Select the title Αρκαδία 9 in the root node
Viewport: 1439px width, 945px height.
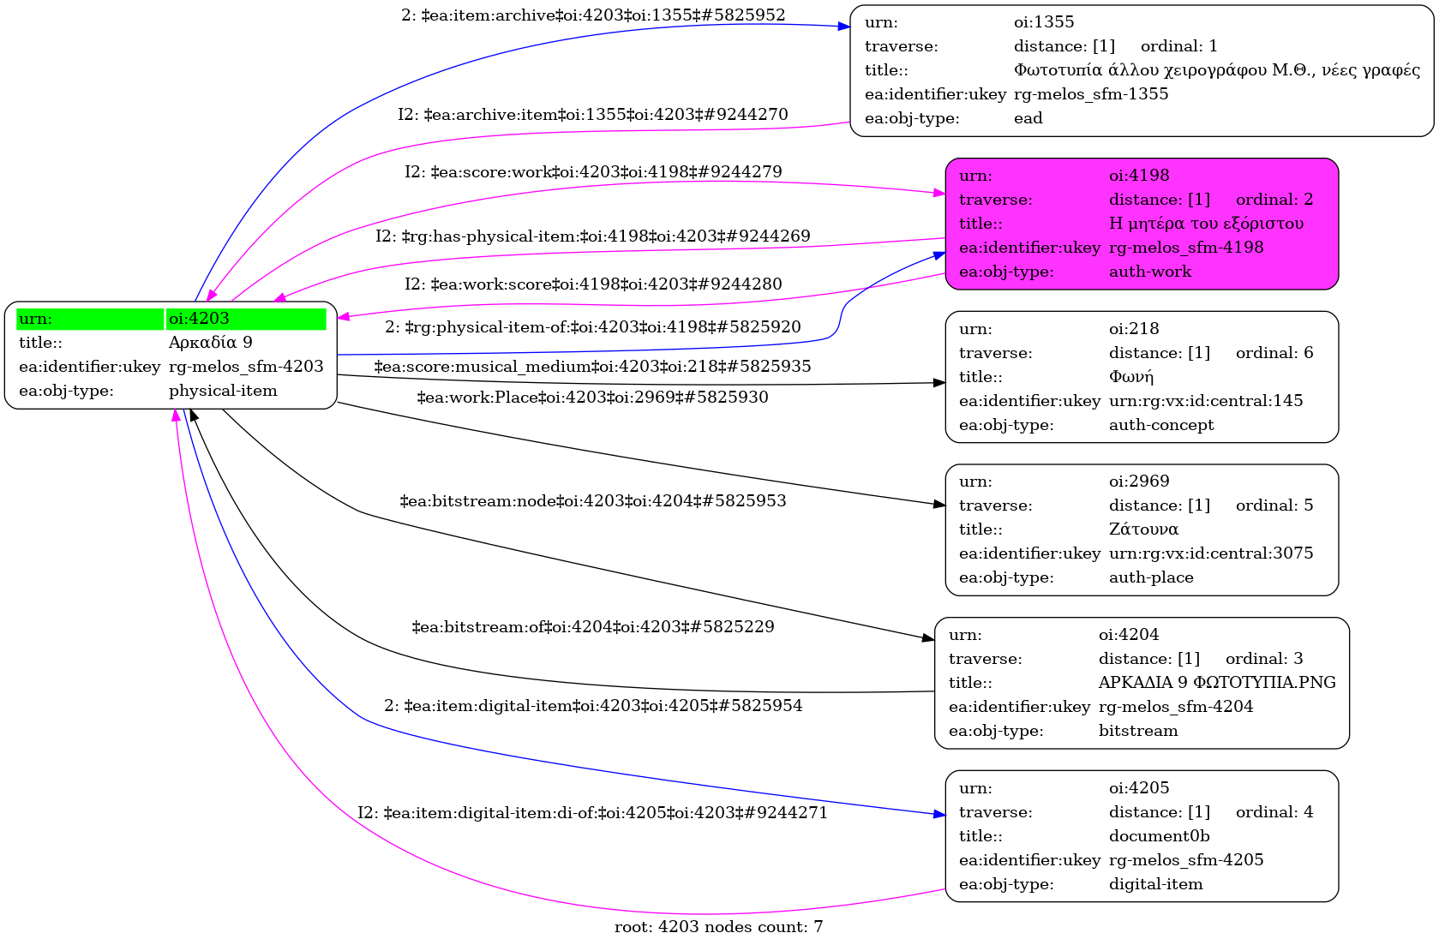click(x=211, y=342)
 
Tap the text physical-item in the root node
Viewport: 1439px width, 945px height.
click(x=223, y=391)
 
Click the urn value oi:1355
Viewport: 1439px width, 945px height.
click(x=1044, y=21)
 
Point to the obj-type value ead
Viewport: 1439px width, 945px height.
click(x=1028, y=118)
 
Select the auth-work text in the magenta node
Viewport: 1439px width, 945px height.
click(x=1150, y=272)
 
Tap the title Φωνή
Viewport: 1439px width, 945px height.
click(x=1131, y=377)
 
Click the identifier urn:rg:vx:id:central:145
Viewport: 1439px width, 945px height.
click(x=1206, y=401)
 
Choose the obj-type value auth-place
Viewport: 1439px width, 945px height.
click(x=1151, y=577)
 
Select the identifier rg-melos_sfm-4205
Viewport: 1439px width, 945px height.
click(x=1186, y=860)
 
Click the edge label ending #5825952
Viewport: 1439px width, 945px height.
click(x=593, y=15)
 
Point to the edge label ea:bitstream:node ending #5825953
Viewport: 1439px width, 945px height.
click(x=593, y=500)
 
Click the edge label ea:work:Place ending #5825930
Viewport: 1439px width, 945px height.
click(x=593, y=398)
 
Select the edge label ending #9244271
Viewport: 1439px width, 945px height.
click(x=592, y=813)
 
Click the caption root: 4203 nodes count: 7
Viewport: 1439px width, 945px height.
click(x=719, y=927)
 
